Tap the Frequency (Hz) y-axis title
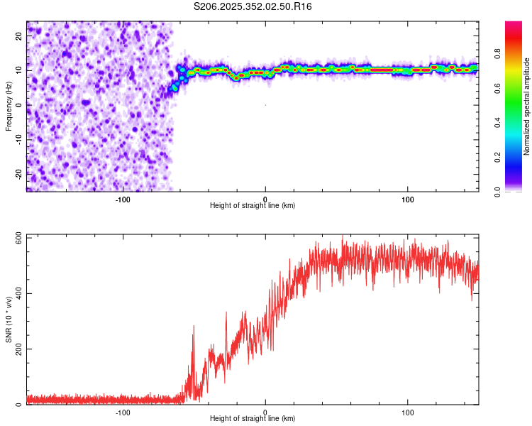9,105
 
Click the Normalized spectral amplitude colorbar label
527,106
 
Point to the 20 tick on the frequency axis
21,36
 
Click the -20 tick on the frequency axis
19,173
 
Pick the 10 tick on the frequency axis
21,70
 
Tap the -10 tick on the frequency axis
19,139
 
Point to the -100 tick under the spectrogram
122,199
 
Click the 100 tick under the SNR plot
408,412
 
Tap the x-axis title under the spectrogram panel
253,206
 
